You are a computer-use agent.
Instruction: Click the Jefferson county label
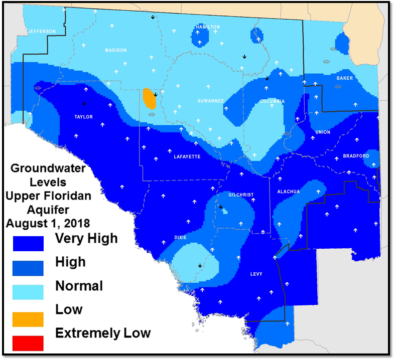(x=42, y=32)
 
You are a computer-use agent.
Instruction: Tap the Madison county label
(x=115, y=50)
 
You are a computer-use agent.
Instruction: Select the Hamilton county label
(x=208, y=27)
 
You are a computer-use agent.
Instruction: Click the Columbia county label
(x=272, y=101)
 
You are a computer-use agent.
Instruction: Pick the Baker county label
(x=345, y=78)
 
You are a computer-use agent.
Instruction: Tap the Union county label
(x=323, y=132)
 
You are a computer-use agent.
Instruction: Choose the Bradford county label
(x=356, y=156)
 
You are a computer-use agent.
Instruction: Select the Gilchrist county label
(x=241, y=195)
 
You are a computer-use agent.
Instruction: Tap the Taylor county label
(x=83, y=117)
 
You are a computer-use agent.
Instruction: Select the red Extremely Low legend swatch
(x=28, y=343)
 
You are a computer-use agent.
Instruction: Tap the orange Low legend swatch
(x=28, y=319)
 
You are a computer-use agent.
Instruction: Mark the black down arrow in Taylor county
(x=84, y=103)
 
